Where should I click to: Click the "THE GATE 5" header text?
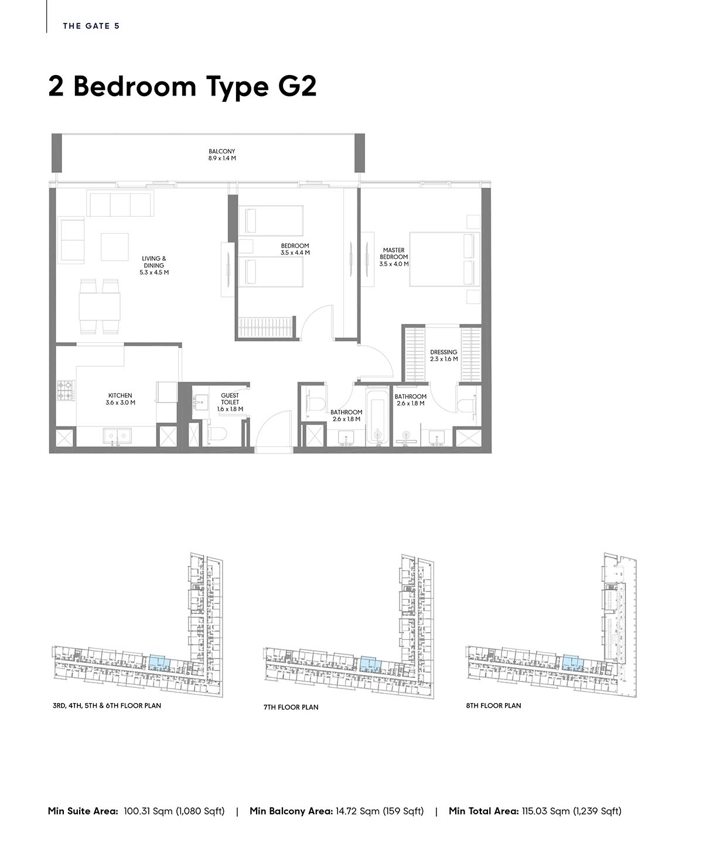tap(91, 26)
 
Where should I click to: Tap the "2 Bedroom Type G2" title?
tap(182, 87)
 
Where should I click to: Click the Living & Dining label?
tap(154, 265)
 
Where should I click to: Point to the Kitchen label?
tap(120, 398)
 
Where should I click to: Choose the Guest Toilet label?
tap(230, 402)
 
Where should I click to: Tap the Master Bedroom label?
tap(394, 257)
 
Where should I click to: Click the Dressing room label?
tap(443, 355)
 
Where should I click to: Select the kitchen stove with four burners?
tap(66, 390)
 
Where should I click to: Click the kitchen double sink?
tap(117, 436)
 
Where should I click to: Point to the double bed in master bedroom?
tap(445, 260)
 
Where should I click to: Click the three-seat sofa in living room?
tap(120, 204)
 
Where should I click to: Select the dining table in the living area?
tap(100, 306)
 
